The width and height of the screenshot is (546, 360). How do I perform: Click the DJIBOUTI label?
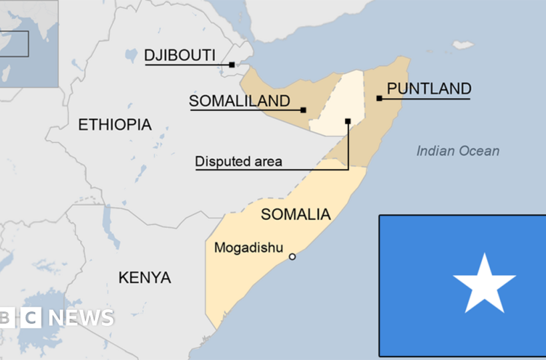[x=180, y=55]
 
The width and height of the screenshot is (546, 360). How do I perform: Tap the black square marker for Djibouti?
[x=232, y=65]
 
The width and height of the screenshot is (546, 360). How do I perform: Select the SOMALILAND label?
[x=240, y=101]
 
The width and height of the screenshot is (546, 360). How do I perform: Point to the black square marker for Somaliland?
[x=303, y=110]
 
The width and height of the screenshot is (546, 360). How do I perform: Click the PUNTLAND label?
[x=429, y=88]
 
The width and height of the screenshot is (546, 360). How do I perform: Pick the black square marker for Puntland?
[x=379, y=98]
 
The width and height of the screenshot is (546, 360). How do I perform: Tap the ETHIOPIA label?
[x=115, y=124]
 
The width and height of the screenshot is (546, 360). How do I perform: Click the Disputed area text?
[x=238, y=162]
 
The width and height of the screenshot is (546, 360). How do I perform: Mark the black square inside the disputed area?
[x=348, y=121]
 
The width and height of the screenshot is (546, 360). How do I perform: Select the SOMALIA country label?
[x=296, y=214]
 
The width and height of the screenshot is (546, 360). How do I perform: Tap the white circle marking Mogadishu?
[x=292, y=256]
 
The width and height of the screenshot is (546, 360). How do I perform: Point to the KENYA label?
[x=144, y=277]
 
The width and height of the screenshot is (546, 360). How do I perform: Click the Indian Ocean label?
[x=458, y=151]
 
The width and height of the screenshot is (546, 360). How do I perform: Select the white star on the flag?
[x=484, y=283]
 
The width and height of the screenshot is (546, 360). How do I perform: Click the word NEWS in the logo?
[x=81, y=318]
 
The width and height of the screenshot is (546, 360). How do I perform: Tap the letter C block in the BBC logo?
[x=30, y=318]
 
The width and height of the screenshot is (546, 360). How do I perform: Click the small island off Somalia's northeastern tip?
[x=463, y=45]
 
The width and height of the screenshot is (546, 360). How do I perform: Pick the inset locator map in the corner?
[x=28, y=43]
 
